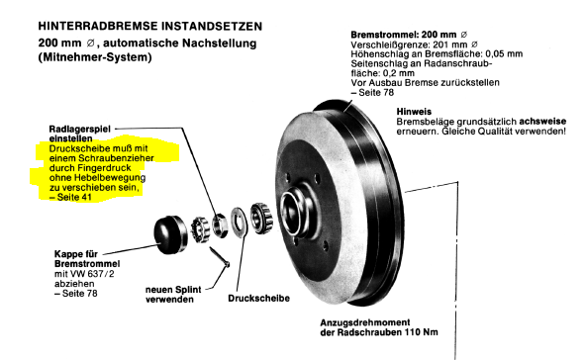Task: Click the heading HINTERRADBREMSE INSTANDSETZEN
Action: [150, 26]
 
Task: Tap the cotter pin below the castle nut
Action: [220, 257]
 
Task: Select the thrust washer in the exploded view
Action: [240, 223]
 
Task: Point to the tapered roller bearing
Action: [262, 219]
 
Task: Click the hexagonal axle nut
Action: [219, 225]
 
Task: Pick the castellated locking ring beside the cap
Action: [200, 229]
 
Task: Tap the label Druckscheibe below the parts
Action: [259, 298]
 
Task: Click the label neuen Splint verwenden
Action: [173, 295]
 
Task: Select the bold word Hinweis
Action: [414, 112]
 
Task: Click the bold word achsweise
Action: [542, 121]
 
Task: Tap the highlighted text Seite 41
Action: [74, 197]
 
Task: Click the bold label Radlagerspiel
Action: [80, 129]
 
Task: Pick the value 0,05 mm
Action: [504, 54]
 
